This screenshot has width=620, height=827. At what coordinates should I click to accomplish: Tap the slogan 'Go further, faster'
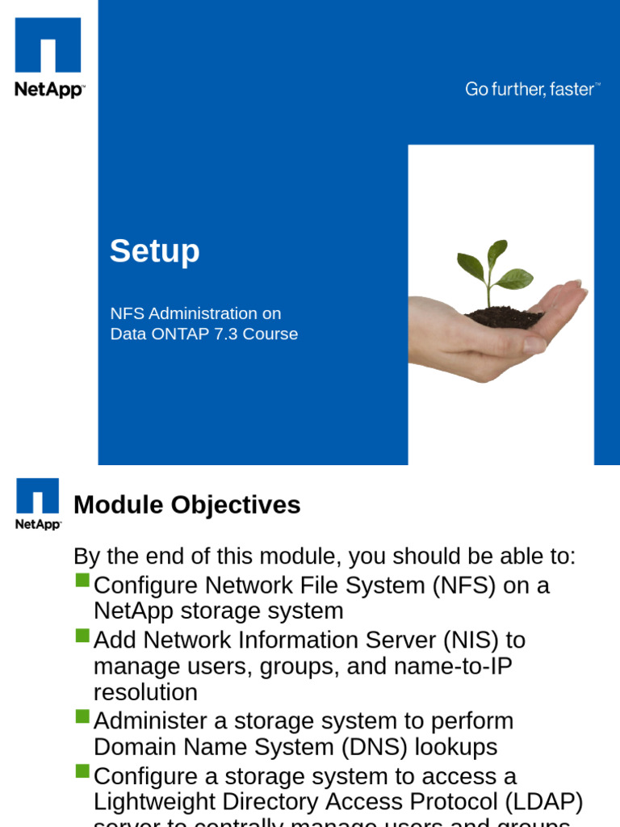[x=531, y=90]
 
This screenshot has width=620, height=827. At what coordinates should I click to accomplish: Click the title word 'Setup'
[x=155, y=252]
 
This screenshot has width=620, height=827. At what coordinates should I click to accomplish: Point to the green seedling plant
[x=491, y=271]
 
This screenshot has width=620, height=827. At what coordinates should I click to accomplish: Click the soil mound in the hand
[x=505, y=317]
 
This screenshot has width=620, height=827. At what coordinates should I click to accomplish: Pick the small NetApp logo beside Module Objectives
[x=38, y=503]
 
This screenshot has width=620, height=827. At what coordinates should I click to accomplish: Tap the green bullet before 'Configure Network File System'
[x=82, y=581]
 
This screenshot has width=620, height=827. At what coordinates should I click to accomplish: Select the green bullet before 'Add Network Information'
[x=82, y=636]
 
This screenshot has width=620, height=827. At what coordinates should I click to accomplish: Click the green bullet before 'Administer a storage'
[x=82, y=716]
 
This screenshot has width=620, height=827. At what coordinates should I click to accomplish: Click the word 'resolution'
[x=145, y=692]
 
